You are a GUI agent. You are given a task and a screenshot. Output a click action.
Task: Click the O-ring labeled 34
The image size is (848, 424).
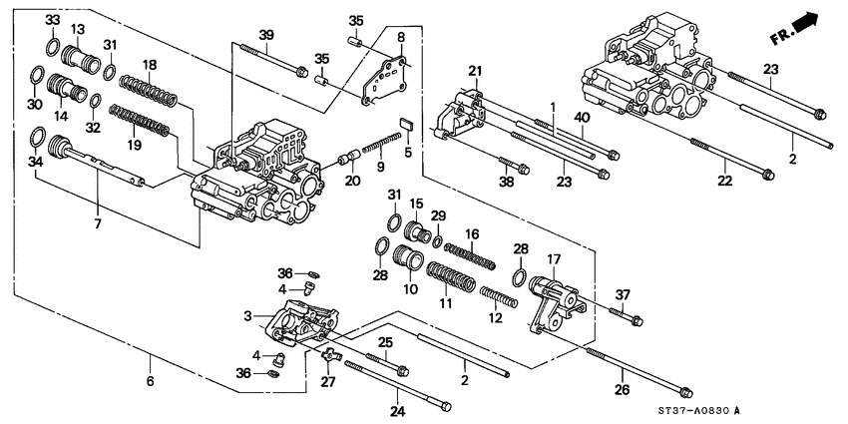pos(37,138)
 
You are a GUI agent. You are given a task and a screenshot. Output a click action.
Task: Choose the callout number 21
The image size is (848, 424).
pos(476,69)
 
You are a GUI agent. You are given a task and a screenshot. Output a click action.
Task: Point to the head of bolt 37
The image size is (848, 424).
pos(636,321)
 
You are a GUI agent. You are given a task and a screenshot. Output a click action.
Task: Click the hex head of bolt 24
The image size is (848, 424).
pos(444,406)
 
